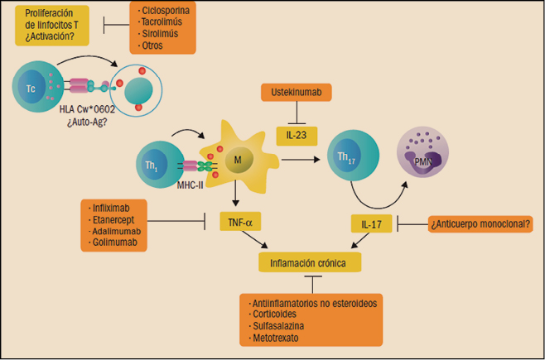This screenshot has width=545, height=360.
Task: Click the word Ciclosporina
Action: pos(168,12)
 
